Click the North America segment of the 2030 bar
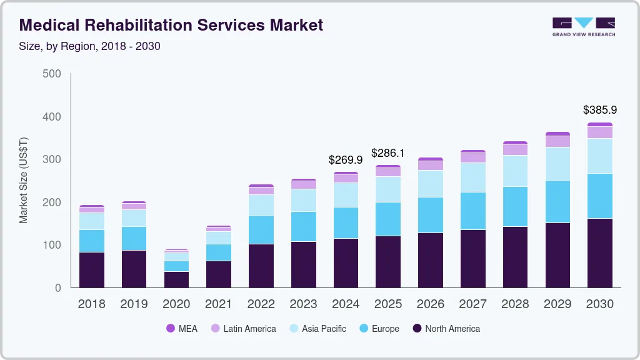600,252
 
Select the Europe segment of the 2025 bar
388,219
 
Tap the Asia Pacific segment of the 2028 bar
515,171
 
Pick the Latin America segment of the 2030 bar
600,132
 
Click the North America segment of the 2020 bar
176,279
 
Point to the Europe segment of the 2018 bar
91,241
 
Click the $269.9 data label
346,160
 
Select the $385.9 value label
600,110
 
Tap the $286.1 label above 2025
388,153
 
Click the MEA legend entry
182,329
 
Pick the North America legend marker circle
416,329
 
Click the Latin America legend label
249,329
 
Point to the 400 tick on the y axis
51,117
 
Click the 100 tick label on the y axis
51,245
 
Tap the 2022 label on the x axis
261,304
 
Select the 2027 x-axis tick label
472,304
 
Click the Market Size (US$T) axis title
24,180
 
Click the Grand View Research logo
583,26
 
